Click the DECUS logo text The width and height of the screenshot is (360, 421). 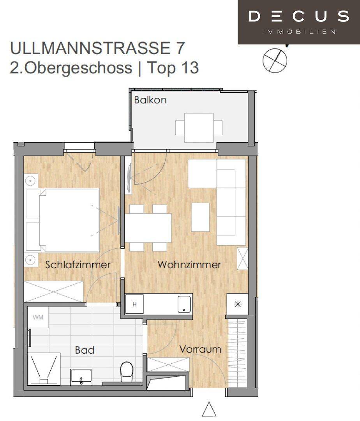pos(298,16)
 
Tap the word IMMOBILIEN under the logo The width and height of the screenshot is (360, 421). pos(298,32)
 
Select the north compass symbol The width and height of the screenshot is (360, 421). pos(275,60)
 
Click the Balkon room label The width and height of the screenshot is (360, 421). pos(150,100)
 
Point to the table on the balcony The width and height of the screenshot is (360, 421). pos(199,128)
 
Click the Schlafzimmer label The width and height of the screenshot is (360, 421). pos(78,265)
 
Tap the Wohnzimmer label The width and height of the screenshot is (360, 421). pos(189,265)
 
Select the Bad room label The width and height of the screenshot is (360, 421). pos(85,350)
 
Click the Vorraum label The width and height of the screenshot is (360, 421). pos(200,349)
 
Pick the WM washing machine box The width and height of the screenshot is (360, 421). pos(38,317)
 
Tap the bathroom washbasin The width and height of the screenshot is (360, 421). pos(81,377)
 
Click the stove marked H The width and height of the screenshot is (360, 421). pos(135,304)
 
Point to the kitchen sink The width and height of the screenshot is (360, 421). pos(184,304)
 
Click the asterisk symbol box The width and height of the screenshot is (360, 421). pos(238,304)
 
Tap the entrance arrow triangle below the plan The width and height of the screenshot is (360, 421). pos(209,409)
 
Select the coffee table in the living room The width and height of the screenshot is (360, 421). pos(200,217)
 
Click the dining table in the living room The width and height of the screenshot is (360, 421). pos(148,228)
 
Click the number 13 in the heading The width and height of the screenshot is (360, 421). pos(190,67)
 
